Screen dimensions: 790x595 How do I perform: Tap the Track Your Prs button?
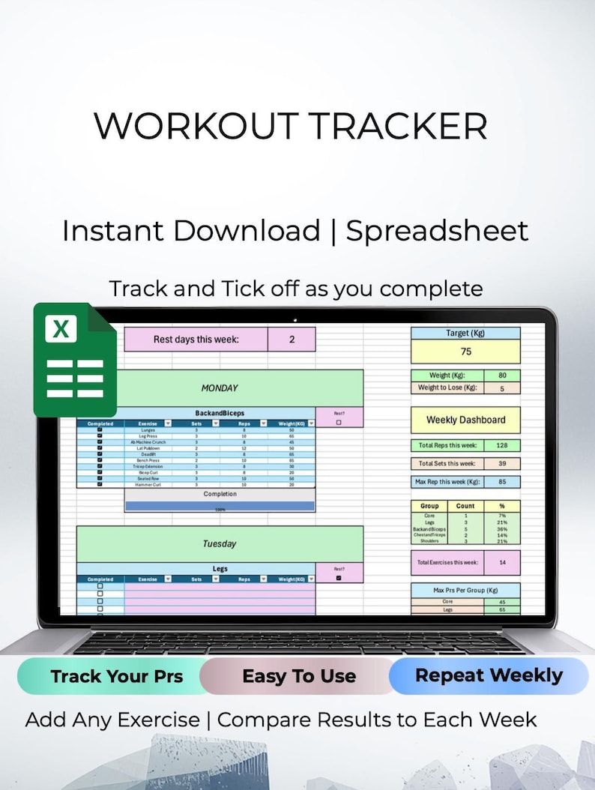(117, 676)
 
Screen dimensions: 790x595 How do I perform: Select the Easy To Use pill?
(298, 676)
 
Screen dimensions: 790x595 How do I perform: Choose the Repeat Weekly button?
(489, 675)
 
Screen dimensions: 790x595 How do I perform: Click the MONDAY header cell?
(220, 388)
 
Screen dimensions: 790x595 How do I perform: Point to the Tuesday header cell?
(220, 543)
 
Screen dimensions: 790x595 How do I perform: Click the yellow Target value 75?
(465, 352)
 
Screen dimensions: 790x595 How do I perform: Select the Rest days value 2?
(292, 339)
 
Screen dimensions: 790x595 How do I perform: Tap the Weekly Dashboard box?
(465, 420)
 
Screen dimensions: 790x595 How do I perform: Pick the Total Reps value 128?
(502, 445)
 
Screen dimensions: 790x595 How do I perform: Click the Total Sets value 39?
(502, 463)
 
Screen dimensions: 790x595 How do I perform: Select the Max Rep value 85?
(502, 481)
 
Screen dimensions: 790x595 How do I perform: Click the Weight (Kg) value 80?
(502, 376)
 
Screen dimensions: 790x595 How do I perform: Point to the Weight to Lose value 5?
(502, 388)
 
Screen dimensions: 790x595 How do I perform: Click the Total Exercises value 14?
(502, 562)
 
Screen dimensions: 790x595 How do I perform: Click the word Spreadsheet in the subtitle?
(437, 230)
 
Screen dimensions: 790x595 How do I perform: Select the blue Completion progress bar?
(220, 507)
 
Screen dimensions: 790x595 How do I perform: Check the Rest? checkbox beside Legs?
(339, 578)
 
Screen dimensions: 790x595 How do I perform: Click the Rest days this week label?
(196, 339)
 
